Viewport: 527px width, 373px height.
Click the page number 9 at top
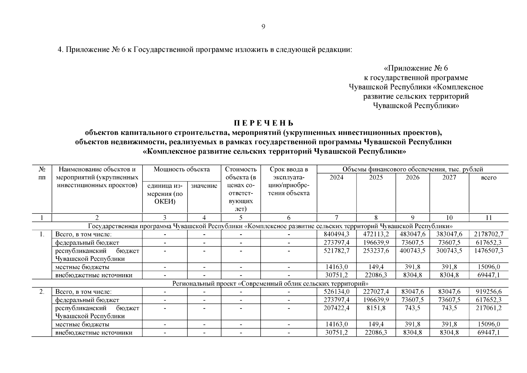click(x=263, y=27)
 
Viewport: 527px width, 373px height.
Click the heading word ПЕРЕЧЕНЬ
click(x=263, y=123)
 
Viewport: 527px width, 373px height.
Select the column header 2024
click(x=336, y=177)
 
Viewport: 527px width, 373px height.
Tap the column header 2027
click(x=449, y=177)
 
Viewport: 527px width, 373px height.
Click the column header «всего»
click(x=488, y=178)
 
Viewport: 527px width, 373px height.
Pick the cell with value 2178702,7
click(x=488, y=234)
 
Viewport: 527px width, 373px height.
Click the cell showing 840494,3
click(x=336, y=234)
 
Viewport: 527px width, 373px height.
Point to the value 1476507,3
click(x=488, y=251)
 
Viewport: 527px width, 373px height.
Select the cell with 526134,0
click(x=336, y=292)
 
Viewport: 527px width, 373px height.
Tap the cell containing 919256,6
click(x=488, y=292)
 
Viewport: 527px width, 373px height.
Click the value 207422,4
click(x=336, y=308)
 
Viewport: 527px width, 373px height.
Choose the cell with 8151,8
click(x=376, y=308)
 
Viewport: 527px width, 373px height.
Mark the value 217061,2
click(x=488, y=308)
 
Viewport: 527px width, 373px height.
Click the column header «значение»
click(x=204, y=186)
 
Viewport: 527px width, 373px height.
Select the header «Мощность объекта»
click(x=182, y=169)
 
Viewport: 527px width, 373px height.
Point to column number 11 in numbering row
click(x=488, y=218)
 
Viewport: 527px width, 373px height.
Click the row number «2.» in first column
click(x=42, y=292)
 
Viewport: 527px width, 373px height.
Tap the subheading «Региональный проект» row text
click(x=270, y=283)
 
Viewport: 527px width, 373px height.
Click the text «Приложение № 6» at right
click(x=416, y=68)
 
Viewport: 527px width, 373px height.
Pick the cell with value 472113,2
click(x=376, y=234)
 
